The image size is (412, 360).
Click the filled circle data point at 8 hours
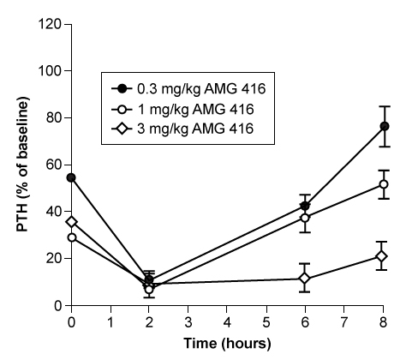tap(385, 126)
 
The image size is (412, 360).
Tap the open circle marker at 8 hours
tap(384, 184)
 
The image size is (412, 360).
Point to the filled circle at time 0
tap(71, 177)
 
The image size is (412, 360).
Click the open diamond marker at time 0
tap(71, 221)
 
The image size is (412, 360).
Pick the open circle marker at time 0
tap(71, 237)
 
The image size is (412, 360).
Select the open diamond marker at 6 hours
tap(304, 279)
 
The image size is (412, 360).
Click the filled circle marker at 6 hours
tap(305, 206)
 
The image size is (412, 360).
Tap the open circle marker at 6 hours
tap(304, 218)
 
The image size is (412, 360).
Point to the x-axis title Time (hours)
tap(227, 344)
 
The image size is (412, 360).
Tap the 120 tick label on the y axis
tap(50, 24)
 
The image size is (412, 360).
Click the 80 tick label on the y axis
tap(53, 117)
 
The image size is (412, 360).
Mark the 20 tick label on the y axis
tap(53, 258)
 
